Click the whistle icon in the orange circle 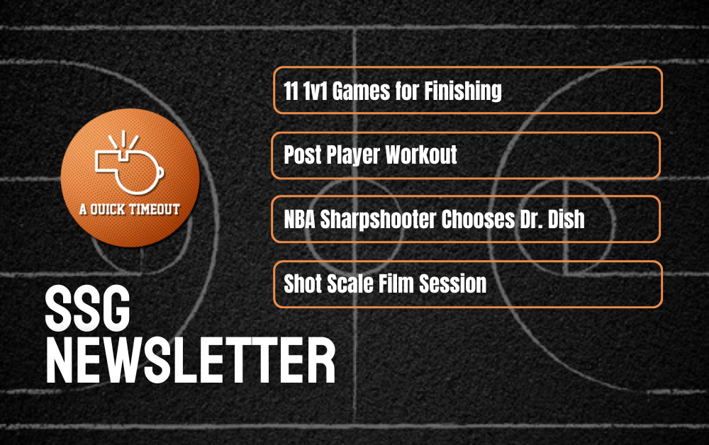[x=129, y=163]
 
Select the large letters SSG [x=88, y=308]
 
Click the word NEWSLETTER [x=190, y=361]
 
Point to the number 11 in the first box [x=291, y=91]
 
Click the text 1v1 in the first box [x=315, y=91]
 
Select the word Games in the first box [x=361, y=91]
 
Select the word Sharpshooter [x=378, y=220]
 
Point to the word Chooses [x=478, y=220]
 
